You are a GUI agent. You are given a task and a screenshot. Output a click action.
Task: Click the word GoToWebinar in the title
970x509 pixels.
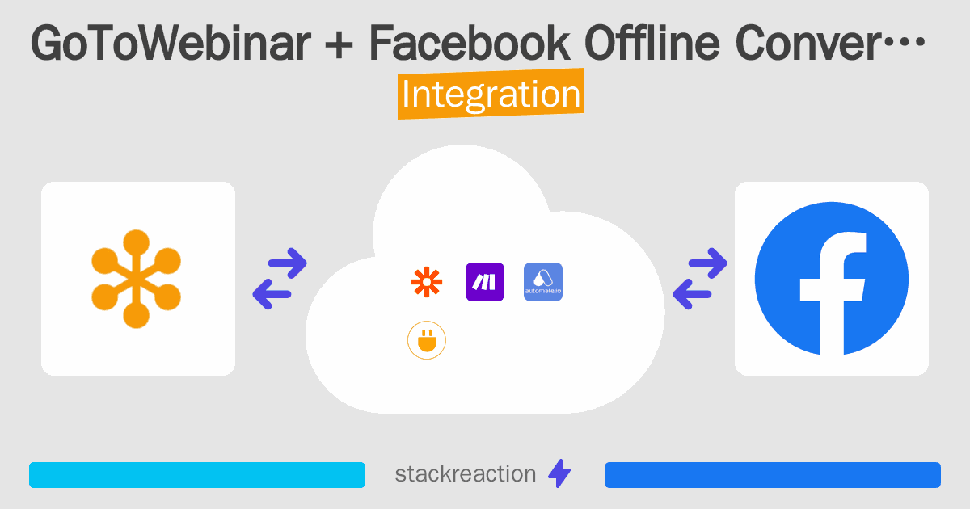(x=170, y=46)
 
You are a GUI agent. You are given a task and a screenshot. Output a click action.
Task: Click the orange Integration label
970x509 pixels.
(x=491, y=95)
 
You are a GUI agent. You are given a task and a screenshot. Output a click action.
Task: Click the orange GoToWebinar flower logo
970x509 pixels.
(x=137, y=279)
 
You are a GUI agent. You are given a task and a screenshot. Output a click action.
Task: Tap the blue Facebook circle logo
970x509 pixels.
(x=831, y=279)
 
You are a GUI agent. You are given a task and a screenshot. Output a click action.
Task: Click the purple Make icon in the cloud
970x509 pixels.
(x=485, y=282)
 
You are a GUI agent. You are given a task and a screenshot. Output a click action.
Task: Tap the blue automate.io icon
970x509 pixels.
(x=543, y=282)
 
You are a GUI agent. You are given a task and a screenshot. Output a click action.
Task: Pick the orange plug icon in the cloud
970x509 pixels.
(x=427, y=342)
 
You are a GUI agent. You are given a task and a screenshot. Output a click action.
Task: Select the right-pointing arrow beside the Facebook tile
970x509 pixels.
(x=707, y=263)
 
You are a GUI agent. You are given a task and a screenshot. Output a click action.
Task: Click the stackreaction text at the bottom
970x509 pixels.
(x=465, y=474)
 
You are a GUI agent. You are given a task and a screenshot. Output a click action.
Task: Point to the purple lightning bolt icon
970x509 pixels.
(x=559, y=474)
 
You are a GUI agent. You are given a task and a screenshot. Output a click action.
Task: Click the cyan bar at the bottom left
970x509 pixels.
(x=197, y=475)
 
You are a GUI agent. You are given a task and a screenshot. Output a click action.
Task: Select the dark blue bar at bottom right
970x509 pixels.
(x=772, y=475)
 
